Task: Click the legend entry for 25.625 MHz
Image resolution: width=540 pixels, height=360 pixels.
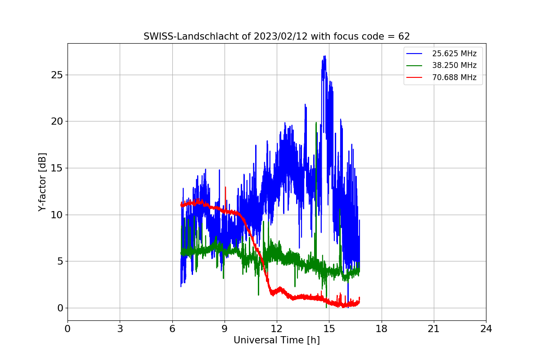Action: click(x=454, y=54)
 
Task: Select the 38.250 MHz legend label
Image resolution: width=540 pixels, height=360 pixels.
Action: click(x=454, y=65)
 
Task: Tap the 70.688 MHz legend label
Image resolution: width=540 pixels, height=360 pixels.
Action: click(x=454, y=77)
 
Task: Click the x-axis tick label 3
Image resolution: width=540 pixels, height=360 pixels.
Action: click(x=120, y=329)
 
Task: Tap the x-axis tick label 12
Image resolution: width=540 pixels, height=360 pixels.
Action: click(x=277, y=329)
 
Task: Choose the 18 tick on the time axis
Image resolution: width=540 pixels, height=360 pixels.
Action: click(x=382, y=329)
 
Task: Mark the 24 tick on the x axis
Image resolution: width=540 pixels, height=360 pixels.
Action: click(x=486, y=329)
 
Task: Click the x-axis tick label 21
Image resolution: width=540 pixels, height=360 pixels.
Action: click(x=434, y=329)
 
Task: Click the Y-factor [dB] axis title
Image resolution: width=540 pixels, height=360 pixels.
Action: click(x=42, y=182)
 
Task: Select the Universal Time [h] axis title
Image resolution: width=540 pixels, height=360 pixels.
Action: click(x=276, y=341)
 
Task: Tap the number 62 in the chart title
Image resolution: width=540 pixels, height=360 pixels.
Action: click(x=404, y=36)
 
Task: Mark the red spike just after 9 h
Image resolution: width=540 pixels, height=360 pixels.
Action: click(x=225, y=187)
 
